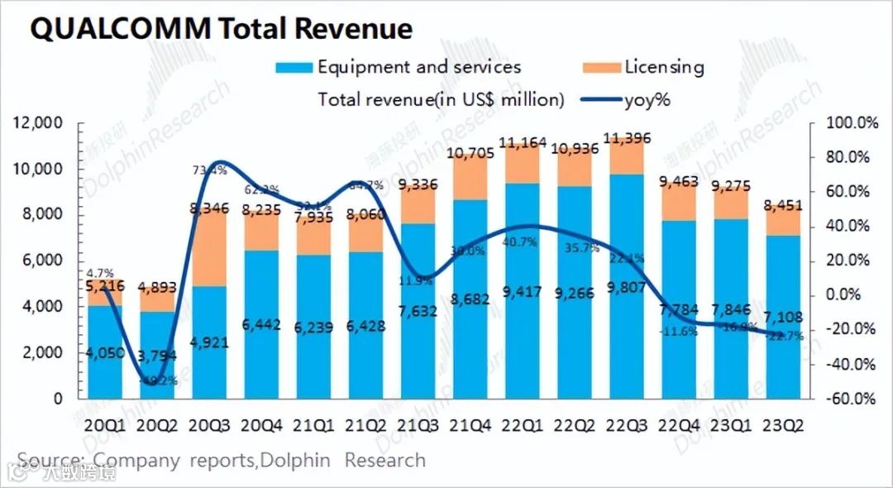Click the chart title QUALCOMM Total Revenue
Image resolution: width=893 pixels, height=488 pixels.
221,30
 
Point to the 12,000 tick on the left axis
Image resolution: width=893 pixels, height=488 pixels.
39,123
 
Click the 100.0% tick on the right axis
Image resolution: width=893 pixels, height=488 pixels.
852,123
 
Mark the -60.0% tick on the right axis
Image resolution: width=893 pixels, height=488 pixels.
852,399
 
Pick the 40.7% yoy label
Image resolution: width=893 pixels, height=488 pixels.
522,242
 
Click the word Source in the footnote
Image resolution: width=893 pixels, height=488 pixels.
50,460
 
